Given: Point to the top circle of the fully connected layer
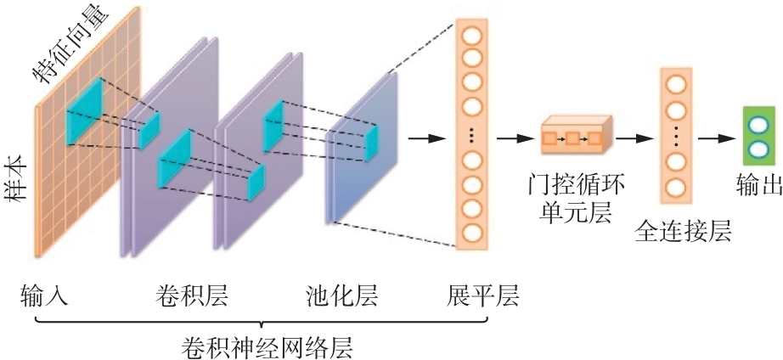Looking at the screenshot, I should point(676,85).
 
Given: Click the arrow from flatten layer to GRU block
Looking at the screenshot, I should point(513,136).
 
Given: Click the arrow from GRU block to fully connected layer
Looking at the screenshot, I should point(633,136).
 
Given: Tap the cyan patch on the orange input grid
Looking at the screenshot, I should point(85,101).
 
